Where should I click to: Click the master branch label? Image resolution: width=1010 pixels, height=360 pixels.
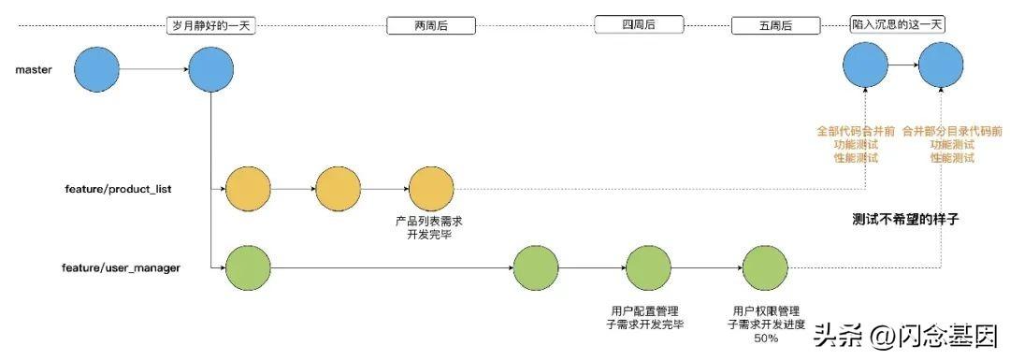point(33,69)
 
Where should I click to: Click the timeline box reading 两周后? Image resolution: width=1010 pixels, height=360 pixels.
point(431,26)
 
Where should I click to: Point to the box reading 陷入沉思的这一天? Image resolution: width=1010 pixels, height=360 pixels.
point(897,25)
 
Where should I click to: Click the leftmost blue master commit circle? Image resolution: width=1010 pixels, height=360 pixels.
point(97,69)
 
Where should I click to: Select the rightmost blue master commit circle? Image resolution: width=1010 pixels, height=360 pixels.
point(940,67)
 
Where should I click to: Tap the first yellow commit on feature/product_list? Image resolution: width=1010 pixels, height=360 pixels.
point(248,189)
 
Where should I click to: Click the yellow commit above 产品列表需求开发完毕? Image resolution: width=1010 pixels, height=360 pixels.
point(430,189)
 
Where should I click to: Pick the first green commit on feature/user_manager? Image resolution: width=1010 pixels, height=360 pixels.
point(248,268)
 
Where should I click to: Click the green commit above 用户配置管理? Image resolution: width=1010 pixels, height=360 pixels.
point(649,268)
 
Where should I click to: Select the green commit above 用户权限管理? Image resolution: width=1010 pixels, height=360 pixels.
point(766,268)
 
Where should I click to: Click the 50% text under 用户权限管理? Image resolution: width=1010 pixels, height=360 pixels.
point(765,338)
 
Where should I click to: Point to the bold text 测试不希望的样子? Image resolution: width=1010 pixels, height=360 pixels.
point(906,220)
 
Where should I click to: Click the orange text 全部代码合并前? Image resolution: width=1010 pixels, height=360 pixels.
point(855,133)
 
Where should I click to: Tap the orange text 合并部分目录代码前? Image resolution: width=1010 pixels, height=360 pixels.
point(951,133)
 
